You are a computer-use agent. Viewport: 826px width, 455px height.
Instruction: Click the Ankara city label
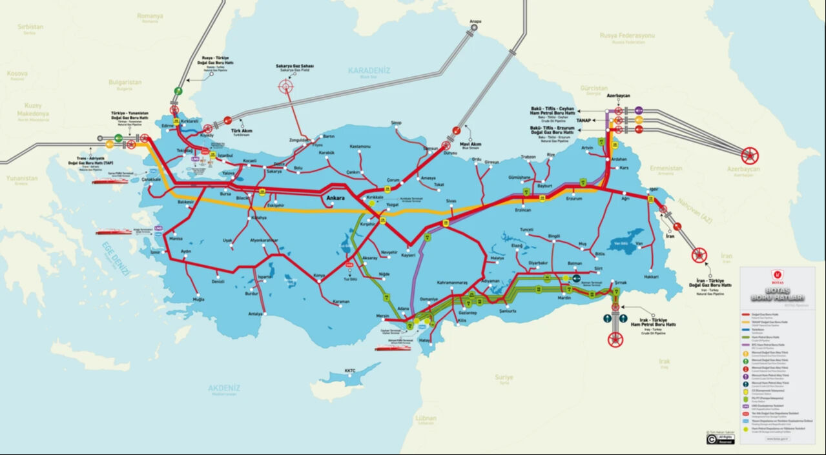[336, 197]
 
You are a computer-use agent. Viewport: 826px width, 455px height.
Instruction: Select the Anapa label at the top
[475, 21]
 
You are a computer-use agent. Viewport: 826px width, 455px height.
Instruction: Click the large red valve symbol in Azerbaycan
[750, 155]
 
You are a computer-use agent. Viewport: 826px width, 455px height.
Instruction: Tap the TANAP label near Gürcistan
[585, 120]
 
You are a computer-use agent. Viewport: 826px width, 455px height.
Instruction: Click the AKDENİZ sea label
[224, 388]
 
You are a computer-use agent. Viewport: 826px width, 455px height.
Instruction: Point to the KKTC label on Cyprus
[350, 370]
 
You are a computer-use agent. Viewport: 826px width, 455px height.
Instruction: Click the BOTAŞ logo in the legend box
[776, 281]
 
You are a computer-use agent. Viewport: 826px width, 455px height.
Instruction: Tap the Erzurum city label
[573, 198]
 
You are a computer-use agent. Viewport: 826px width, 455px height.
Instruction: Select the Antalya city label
[256, 314]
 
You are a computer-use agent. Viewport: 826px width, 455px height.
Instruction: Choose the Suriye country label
[503, 377]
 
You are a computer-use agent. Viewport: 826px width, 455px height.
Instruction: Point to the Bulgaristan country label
[125, 83]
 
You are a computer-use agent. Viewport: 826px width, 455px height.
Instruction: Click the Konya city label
[319, 276]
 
